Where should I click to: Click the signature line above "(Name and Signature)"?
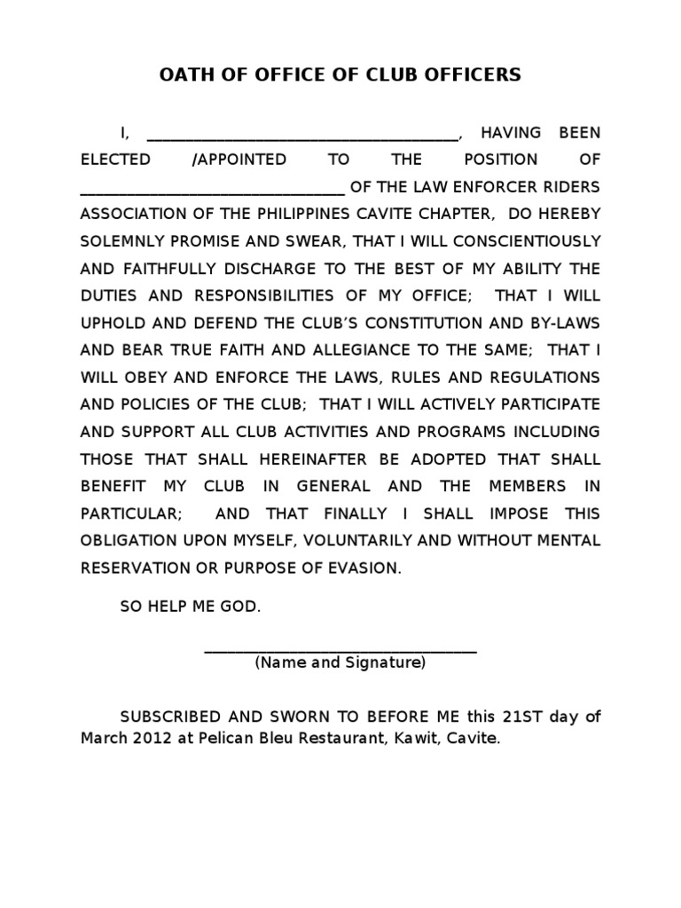click(340, 652)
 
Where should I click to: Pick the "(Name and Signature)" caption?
click(340, 663)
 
